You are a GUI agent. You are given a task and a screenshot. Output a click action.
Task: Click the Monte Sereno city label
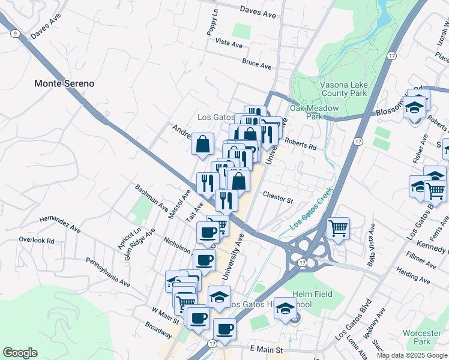(x=64, y=83)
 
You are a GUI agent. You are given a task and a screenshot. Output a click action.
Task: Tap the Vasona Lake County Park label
(x=343, y=89)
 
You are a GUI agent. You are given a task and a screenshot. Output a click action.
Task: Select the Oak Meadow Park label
(x=315, y=112)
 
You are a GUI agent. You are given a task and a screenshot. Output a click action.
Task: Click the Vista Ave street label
(x=228, y=44)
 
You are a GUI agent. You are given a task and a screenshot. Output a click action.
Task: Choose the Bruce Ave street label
(x=257, y=63)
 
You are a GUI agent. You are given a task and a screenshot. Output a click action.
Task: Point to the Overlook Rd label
(x=36, y=240)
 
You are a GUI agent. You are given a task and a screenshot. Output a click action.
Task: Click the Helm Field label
(x=309, y=295)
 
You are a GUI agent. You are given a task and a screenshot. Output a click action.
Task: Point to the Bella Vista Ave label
(x=372, y=245)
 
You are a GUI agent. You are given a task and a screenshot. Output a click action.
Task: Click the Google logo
(x=20, y=353)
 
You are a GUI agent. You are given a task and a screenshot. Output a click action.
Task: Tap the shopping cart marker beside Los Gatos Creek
(x=338, y=228)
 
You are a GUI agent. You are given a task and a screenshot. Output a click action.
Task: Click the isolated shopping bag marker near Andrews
(x=203, y=143)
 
